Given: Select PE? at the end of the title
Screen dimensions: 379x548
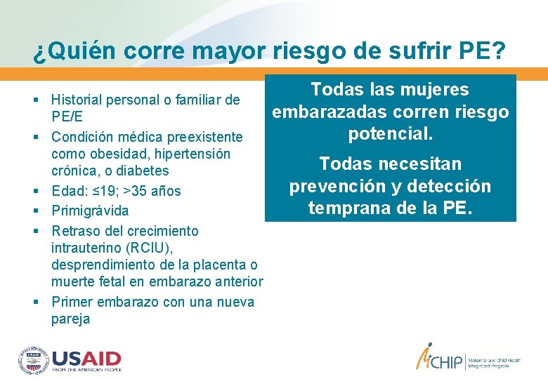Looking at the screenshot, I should point(478,51).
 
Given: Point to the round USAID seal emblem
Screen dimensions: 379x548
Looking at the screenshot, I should point(33,359).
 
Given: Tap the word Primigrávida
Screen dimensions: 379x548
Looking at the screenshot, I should point(91,211).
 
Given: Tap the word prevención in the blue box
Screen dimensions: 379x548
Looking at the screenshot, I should point(340,187).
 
